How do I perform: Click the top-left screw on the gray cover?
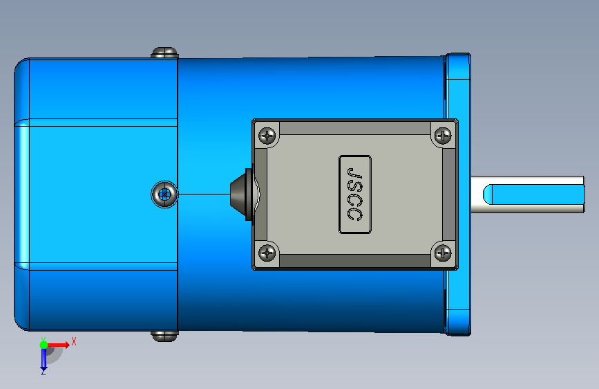[267, 135]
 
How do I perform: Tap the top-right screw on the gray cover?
[443, 135]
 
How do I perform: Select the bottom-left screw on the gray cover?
[267, 253]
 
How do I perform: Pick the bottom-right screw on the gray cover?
[443, 253]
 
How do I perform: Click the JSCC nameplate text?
[354, 194]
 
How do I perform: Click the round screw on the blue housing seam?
[164, 194]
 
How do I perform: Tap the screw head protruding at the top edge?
[164, 53]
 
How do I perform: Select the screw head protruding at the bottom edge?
[164, 336]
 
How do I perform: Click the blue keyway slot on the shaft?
[533, 194]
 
